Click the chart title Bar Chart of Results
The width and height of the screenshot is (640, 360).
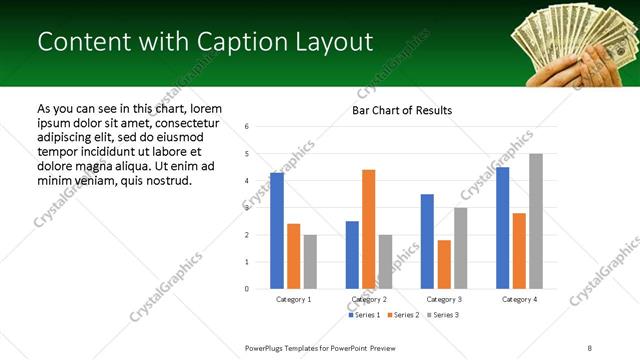click(x=402, y=110)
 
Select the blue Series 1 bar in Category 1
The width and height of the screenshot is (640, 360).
click(x=277, y=231)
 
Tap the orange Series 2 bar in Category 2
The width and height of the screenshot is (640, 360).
click(x=368, y=229)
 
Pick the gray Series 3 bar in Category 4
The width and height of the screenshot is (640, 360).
click(x=536, y=221)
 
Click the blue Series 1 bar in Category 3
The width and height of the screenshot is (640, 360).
click(x=427, y=241)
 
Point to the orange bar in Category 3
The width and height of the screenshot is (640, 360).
click(x=444, y=264)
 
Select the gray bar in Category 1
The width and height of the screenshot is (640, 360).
click(x=310, y=262)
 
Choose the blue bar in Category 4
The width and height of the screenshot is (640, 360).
click(x=502, y=228)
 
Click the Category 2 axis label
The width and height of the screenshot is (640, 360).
click(x=368, y=299)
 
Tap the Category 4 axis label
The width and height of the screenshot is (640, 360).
click(x=519, y=299)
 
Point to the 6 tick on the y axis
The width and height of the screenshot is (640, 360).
click(x=246, y=127)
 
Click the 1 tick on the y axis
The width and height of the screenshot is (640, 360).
click(x=246, y=262)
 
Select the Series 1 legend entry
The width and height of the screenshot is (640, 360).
click(x=363, y=315)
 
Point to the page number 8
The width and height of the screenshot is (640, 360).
click(x=589, y=347)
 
